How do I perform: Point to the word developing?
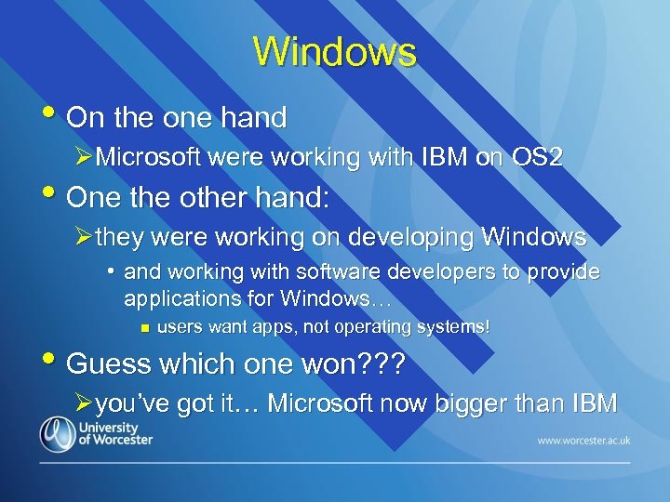(382, 237)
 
